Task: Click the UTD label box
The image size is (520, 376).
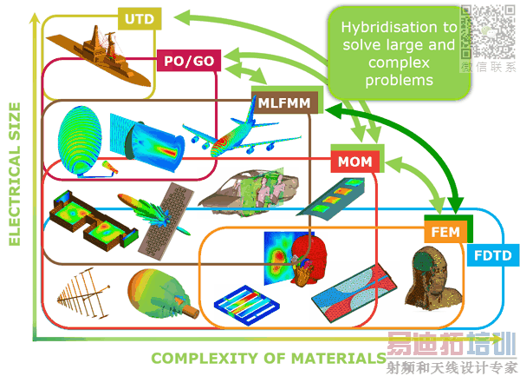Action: coord(138,18)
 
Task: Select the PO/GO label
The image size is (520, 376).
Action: coord(189,61)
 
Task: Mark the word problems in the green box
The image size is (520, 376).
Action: coord(400,80)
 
